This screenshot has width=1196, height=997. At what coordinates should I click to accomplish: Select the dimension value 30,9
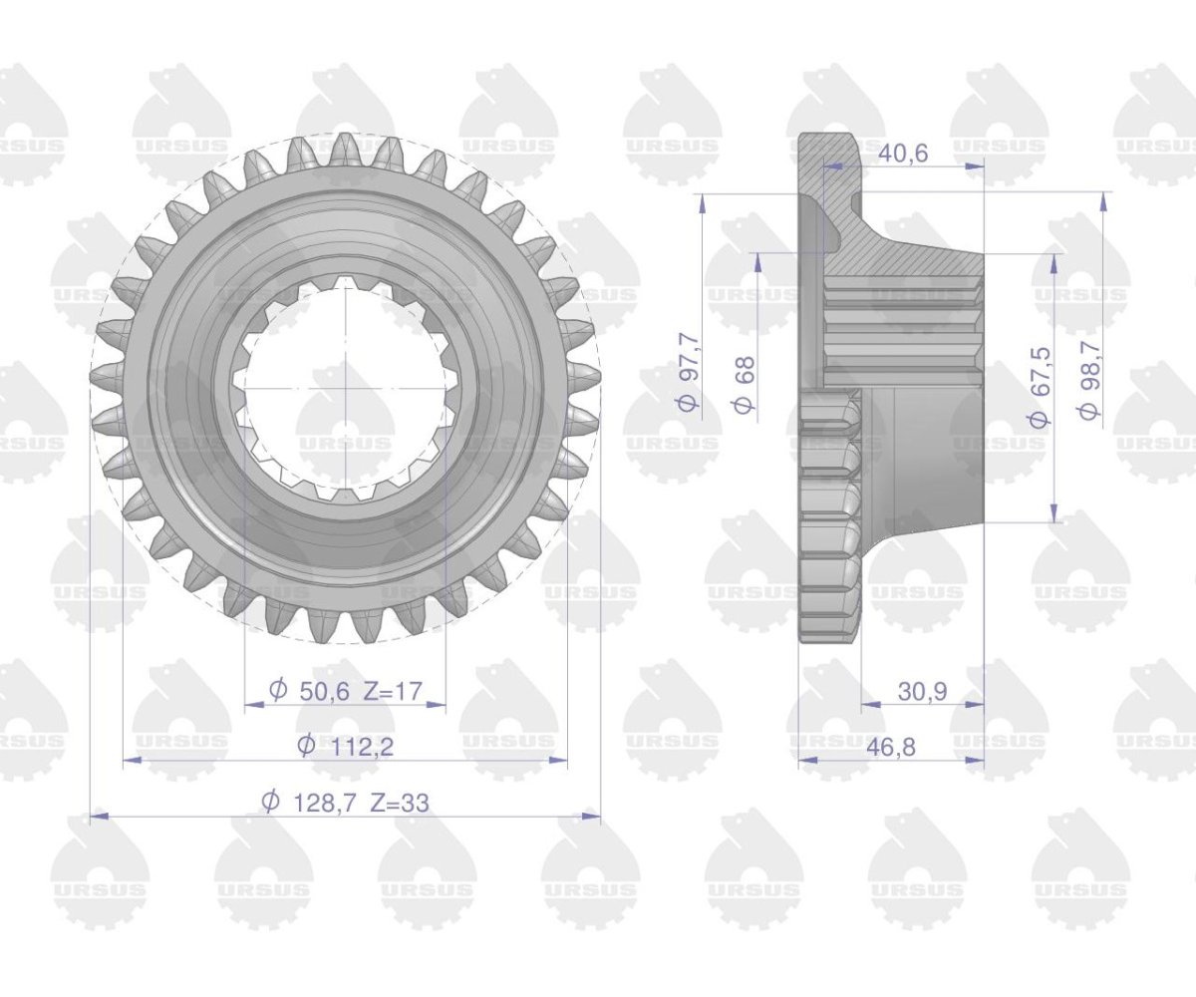[922, 692]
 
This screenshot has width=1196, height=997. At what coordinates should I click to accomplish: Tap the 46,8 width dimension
[891, 747]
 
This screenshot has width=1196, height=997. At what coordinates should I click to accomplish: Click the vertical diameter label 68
[746, 385]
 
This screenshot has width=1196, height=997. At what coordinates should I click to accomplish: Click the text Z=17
[393, 691]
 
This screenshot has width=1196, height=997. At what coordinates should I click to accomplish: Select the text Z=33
[400, 803]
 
